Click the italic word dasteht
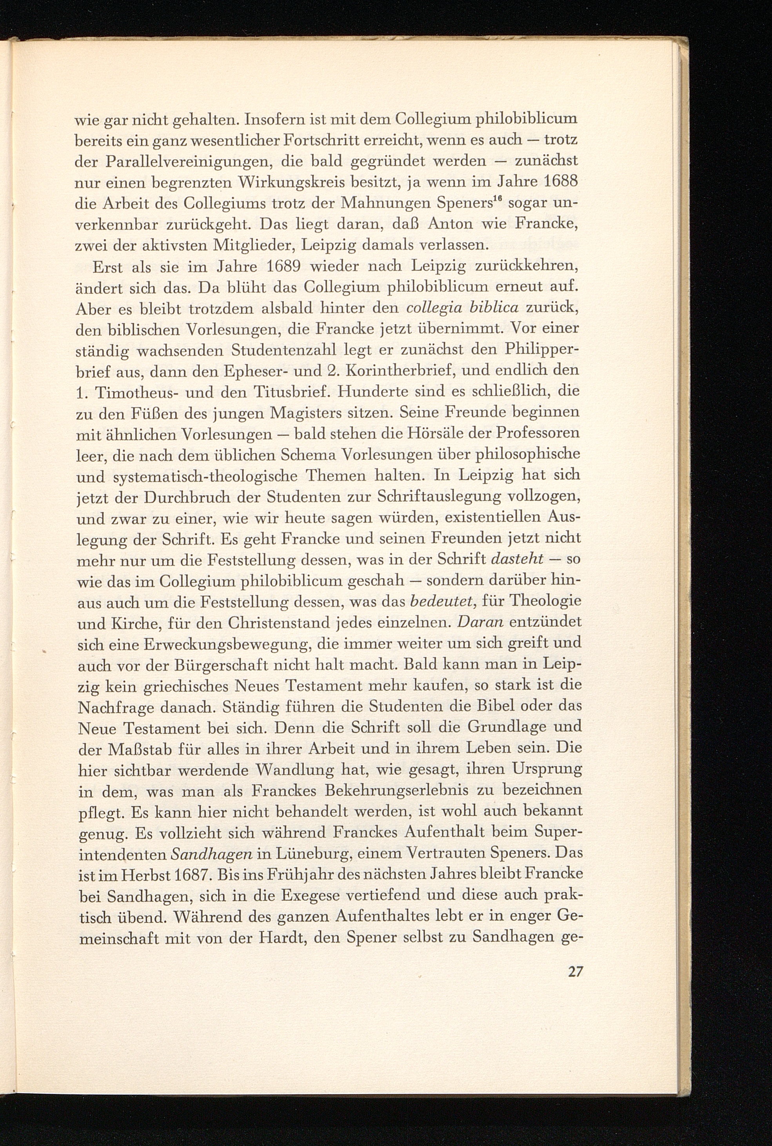(517, 559)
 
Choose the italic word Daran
(479, 622)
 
